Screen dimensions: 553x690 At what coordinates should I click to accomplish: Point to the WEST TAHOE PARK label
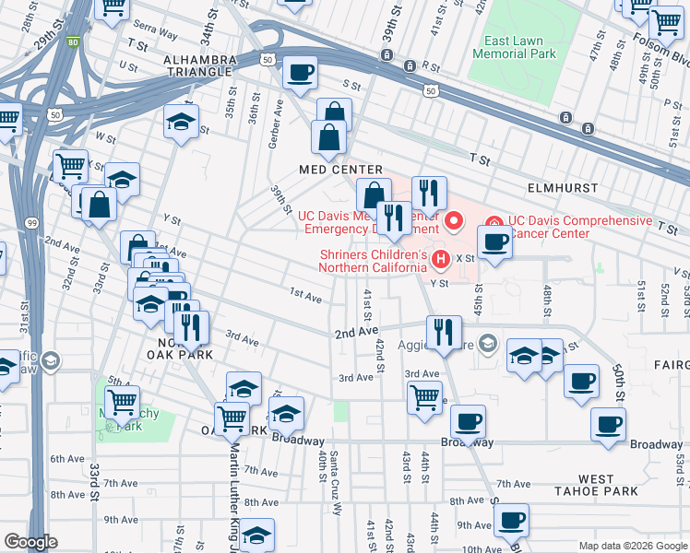(x=596, y=485)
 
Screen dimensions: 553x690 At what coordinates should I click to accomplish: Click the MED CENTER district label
(x=339, y=170)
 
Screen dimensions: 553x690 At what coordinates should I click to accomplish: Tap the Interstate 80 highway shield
(x=72, y=41)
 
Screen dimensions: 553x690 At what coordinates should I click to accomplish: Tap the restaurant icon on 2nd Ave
(x=444, y=332)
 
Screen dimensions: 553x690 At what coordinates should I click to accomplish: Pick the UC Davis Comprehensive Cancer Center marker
(x=494, y=222)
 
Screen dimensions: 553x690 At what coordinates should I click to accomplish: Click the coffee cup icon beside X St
(x=494, y=241)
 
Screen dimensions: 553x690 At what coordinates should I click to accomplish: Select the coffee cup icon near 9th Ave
(x=510, y=520)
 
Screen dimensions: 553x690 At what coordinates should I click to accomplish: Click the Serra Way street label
(x=154, y=32)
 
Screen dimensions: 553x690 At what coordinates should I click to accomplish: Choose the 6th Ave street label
(x=67, y=458)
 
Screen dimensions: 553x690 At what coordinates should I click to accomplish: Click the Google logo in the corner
(x=30, y=542)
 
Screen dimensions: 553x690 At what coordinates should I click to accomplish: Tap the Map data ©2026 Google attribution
(x=632, y=546)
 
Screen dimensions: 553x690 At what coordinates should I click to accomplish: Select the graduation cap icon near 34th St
(x=182, y=121)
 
